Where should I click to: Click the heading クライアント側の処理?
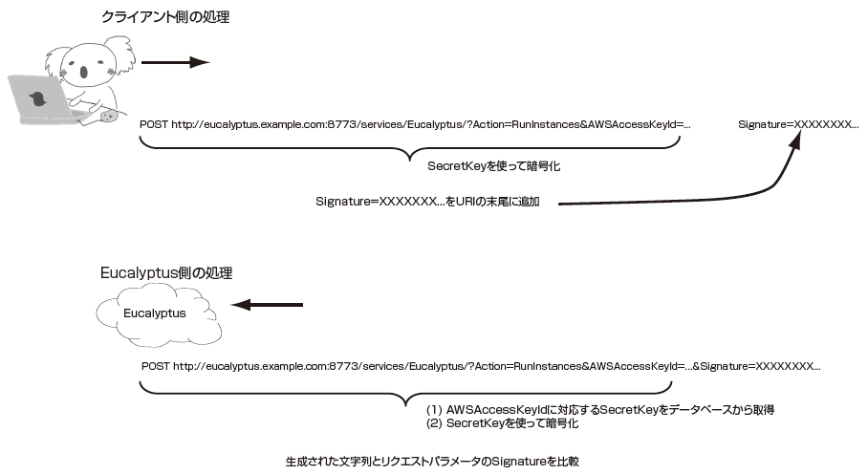coord(165,17)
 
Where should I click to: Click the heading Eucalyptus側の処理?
coord(166,273)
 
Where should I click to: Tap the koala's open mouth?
coord(84,72)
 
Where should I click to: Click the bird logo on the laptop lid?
coord(37,98)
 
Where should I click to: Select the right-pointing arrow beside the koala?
coord(176,62)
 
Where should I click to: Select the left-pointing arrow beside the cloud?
coord(267,305)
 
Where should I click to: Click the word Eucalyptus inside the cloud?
coord(155,313)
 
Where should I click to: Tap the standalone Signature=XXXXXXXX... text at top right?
coord(798,124)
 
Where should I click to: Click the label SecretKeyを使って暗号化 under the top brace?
coord(494,166)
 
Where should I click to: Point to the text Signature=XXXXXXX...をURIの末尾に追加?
coord(427,202)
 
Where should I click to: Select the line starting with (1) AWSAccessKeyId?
coord(600,410)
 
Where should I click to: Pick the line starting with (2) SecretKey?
coord(502,423)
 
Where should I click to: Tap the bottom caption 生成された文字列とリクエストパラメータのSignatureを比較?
coord(432,462)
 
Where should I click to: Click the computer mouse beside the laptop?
coord(109,116)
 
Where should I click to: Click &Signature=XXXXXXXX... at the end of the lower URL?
coord(756,366)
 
